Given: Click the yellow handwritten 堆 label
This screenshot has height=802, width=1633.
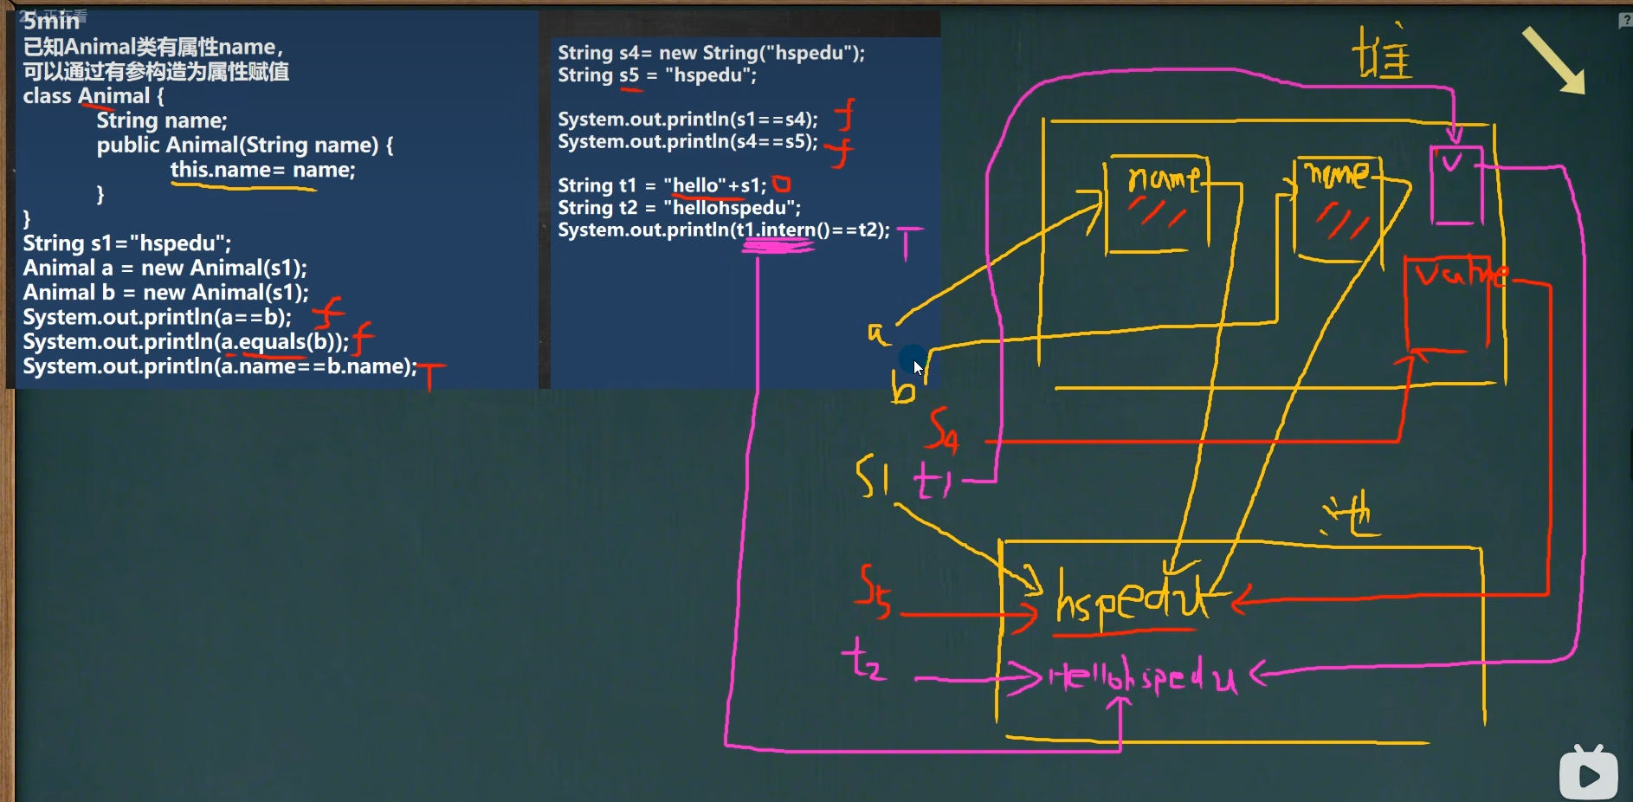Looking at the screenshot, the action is coord(1382,54).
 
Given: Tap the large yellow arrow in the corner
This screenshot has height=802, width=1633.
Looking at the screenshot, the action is coord(1554,61).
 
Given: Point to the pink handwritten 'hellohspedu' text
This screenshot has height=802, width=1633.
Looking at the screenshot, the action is coord(1143,677).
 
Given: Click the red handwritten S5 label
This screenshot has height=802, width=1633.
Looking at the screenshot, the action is coord(874,592).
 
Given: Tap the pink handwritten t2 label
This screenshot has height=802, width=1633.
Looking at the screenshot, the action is coord(863,660).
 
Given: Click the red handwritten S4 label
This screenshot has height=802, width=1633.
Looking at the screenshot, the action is coord(943,430).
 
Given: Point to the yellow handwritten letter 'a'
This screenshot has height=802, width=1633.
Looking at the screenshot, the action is coord(877,333).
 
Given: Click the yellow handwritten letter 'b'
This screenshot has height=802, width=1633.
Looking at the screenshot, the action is coord(902,388).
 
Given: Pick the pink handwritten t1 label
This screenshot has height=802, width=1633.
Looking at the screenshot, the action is coord(933,481).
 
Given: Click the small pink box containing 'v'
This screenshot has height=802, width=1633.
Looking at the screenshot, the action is coord(1455,184).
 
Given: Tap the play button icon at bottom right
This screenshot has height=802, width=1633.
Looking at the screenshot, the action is coord(1588,773).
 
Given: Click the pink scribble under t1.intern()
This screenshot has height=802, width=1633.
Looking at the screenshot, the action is coord(778,247).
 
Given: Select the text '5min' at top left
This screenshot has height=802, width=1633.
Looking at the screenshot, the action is coord(51,21).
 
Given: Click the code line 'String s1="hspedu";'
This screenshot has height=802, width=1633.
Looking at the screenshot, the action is coord(127,243).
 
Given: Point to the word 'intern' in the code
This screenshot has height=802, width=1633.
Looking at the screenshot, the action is coord(787,230).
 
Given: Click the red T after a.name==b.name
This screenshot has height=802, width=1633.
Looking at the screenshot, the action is coord(430,375).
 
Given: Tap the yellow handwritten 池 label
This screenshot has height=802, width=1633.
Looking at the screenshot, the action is coord(1352,514).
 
